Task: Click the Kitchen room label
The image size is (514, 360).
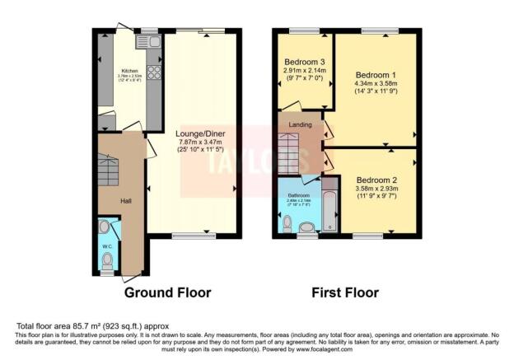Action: pos(129,71)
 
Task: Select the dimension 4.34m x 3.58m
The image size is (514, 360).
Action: pos(376,83)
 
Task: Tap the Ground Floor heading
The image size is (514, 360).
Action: pos(167,292)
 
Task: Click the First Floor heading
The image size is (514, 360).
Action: pos(344,292)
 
